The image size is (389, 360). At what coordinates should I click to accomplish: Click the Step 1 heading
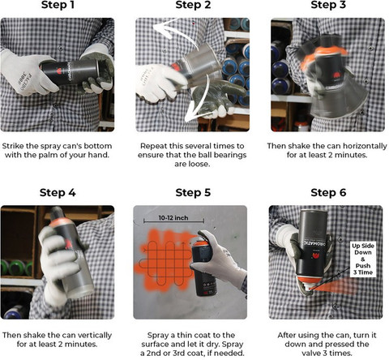tap(58, 5)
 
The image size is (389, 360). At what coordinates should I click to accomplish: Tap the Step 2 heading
tap(193, 5)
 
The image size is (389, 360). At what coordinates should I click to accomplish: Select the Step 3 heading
tap(328, 5)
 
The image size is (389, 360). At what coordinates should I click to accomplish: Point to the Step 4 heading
tap(58, 193)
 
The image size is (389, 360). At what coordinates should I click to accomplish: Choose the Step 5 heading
tap(193, 193)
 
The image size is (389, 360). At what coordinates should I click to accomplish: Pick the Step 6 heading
tap(328, 193)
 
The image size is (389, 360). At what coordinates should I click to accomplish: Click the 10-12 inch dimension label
tap(173, 218)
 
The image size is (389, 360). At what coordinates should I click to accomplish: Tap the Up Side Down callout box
tap(363, 259)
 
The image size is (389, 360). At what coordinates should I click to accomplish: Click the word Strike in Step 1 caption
tap(13, 146)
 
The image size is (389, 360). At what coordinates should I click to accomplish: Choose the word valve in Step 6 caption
tap(310, 353)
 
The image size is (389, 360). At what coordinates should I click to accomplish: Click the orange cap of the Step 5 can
tap(200, 242)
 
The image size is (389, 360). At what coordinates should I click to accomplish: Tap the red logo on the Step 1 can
tap(58, 71)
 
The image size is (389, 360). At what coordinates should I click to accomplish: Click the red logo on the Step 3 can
tap(336, 75)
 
